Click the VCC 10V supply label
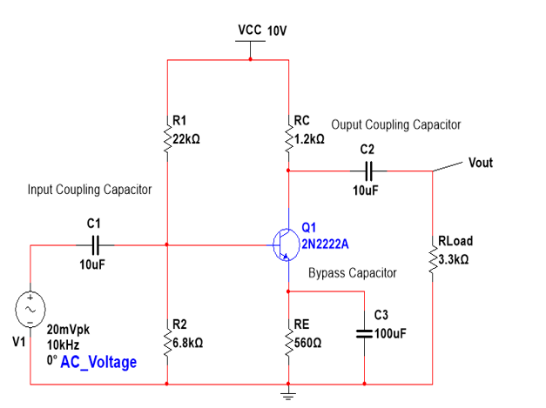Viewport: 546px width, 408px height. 261,30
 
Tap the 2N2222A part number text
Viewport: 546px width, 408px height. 325,244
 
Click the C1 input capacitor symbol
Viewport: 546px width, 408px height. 96,244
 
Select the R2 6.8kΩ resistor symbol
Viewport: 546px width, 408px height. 166,335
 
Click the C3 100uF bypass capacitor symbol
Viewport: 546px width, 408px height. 365,333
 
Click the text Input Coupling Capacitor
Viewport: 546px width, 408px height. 90,189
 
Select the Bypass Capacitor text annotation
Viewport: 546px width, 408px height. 352,273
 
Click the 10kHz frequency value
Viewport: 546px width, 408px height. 63,344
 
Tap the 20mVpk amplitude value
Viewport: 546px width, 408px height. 68,331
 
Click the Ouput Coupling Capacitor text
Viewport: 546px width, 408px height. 395,124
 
